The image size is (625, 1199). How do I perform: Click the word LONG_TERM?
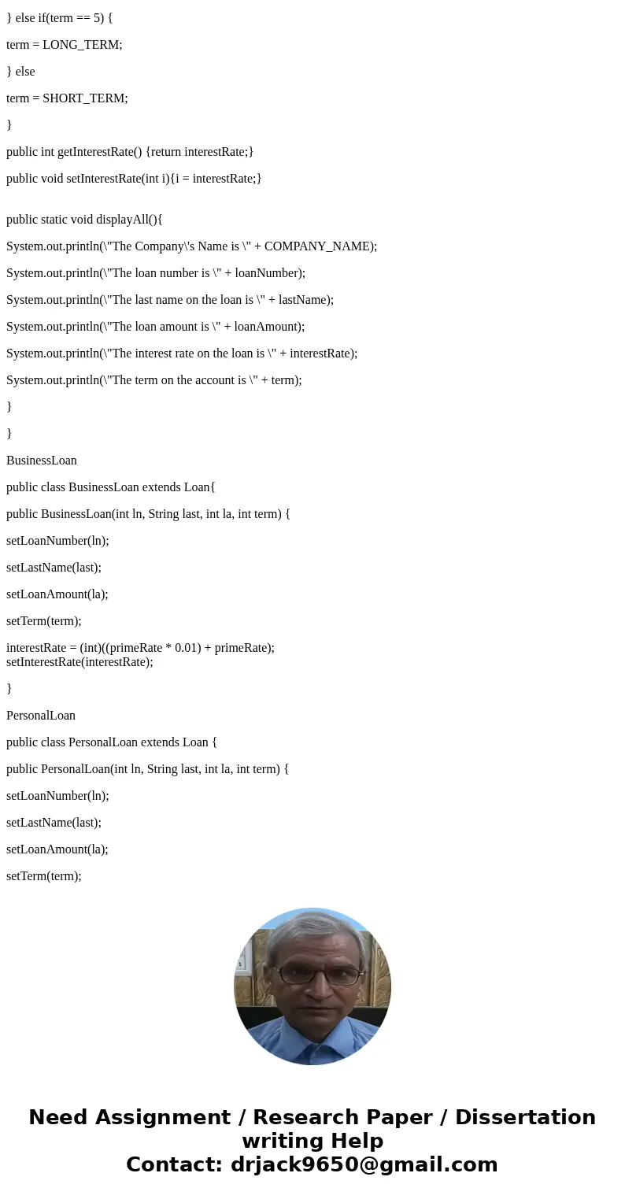coord(82,45)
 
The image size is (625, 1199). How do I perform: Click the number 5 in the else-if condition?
coord(97,18)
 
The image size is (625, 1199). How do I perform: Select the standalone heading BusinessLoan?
coord(42,461)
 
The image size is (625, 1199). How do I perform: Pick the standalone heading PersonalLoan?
coord(41,716)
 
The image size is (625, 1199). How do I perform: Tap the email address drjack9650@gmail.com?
coord(364,1165)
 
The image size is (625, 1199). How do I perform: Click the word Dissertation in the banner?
coord(525,1118)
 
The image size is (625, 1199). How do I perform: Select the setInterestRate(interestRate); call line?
coord(80,662)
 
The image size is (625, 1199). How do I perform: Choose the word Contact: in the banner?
coord(174,1165)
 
